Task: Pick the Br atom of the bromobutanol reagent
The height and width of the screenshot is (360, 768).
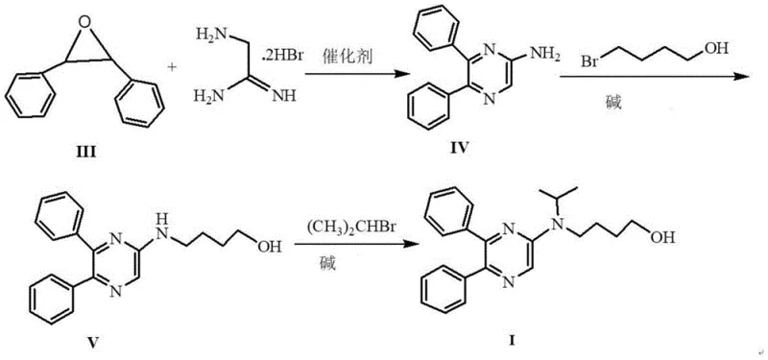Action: click(592, 64)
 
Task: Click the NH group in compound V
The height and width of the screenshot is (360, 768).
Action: click(160, 228)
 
